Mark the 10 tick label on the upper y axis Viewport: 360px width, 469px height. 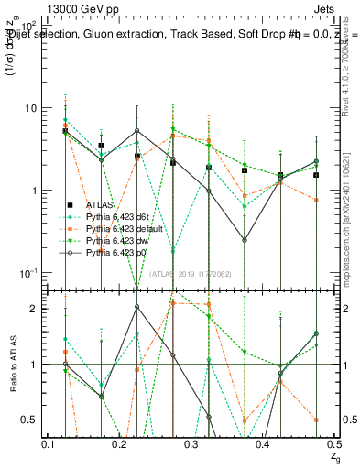pos(31,108)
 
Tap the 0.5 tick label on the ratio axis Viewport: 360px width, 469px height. pos(29,420)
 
